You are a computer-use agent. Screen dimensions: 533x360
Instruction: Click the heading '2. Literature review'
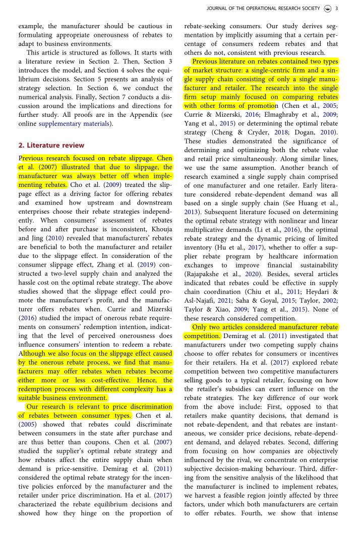pos(51,145)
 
